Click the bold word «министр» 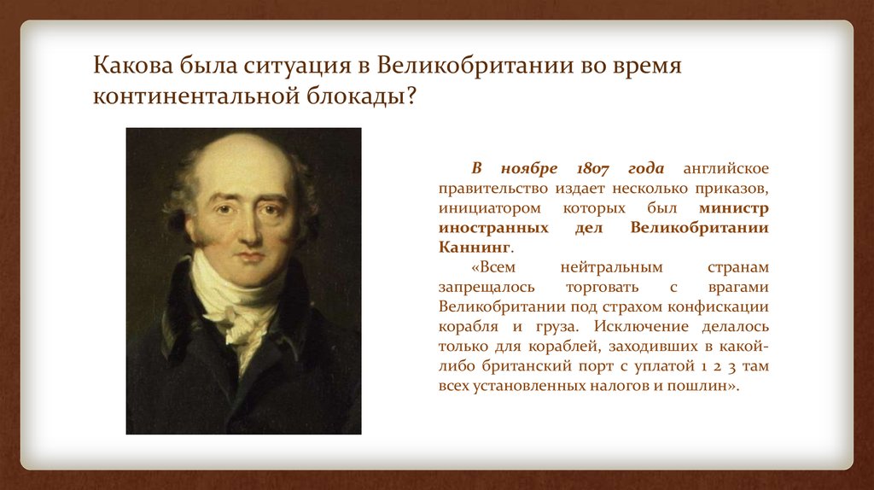coord(734,207)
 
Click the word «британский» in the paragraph coord(517,365)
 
